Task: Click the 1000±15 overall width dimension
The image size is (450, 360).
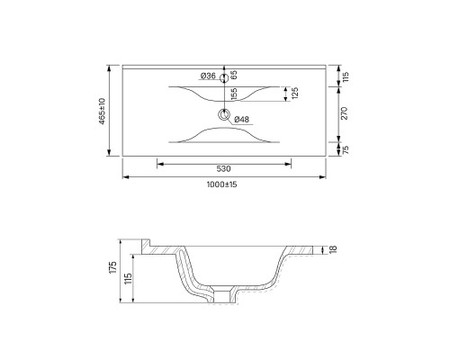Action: pos(221,184)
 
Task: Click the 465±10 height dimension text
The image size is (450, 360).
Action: pos(103,111)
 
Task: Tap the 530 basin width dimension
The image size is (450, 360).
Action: pos(224,169)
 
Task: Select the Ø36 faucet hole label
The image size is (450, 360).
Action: pos(208,76)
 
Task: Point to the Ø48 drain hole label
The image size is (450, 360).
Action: pos(241,120)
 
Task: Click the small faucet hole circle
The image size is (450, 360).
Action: pos(224,78)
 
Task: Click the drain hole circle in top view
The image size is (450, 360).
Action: pos(224,114)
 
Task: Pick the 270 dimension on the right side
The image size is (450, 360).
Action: pos(345,113)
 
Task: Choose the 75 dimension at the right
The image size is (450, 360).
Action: pos(346,149)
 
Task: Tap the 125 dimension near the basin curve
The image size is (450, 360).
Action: pos(294,94)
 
